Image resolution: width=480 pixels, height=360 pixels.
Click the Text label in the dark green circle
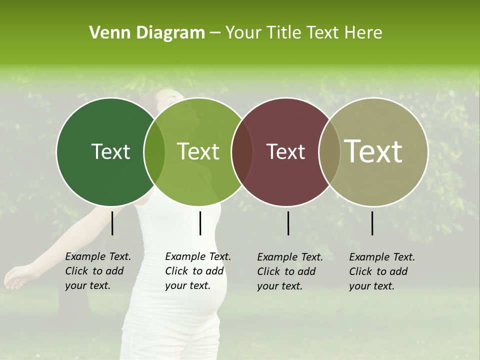point(110,151)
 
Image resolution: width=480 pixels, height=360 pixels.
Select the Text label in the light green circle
point(198,151)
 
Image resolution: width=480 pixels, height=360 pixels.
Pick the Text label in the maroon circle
point(285,151)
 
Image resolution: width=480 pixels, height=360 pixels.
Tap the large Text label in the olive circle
point(373,151)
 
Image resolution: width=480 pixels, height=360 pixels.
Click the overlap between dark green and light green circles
point(154,151)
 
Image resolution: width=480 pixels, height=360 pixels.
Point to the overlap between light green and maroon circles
point(242,151)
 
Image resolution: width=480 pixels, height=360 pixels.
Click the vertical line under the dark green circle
point(112,223)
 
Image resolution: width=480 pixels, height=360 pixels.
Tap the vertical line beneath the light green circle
point(200,223)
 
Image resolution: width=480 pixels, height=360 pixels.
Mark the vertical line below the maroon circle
point(288,223)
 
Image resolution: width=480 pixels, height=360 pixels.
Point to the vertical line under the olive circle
point(372,223)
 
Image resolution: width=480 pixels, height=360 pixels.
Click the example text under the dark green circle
point(97,271)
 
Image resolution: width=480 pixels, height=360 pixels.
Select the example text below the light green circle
point(197,271)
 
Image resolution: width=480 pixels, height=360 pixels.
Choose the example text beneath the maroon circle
point(289,271)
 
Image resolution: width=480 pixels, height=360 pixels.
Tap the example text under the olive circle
point(381,271)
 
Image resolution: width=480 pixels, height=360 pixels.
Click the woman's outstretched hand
point(15,278)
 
